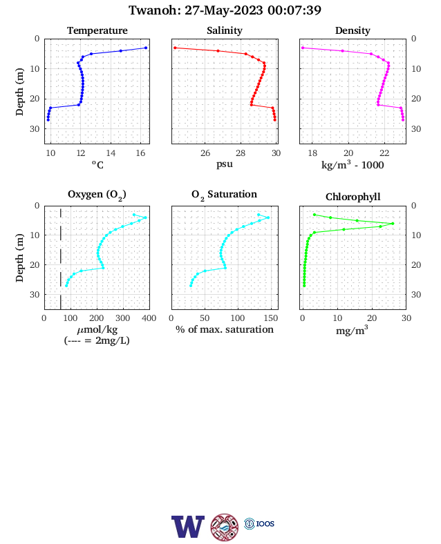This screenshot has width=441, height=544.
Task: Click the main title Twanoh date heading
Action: click(x=225, y=10)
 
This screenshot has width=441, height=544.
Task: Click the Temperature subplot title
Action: click(x=97, y=30)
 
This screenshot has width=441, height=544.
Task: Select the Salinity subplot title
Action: click(x=225, y=30)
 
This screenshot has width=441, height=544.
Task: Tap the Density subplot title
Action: click(x=353, y=30)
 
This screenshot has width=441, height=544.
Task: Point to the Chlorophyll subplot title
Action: click(x=353, y=197)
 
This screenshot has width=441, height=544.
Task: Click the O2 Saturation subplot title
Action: click(x=225, y=195)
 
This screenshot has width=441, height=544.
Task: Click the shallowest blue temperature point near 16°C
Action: click(x=146, y=48)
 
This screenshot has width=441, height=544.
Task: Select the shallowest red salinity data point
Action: click(x=175, y=48)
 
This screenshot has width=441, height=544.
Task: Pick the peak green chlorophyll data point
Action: click(x=393, y=224)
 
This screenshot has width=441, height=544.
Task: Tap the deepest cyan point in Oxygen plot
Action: click(x=66, y=286)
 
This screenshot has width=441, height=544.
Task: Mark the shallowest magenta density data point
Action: click(x=303, y=48)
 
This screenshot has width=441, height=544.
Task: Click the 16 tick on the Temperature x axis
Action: click(x=140, y=153)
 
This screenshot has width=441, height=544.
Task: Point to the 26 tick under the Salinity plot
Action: click(x=205, y=153)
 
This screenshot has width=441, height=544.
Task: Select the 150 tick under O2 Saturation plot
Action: click(x=271, y=318)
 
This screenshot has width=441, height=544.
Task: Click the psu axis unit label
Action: click(x=225, y=164)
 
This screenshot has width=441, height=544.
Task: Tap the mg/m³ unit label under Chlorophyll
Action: click(x=352, y=330)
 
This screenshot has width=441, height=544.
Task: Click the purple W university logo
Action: click(x=188, y=527)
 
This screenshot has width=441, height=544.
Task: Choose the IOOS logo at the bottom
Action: click(x=259, y=523)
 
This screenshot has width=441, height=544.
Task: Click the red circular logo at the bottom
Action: click(x=225, y=527)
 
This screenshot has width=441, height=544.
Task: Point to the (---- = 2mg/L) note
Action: click(x=97, y=341)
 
